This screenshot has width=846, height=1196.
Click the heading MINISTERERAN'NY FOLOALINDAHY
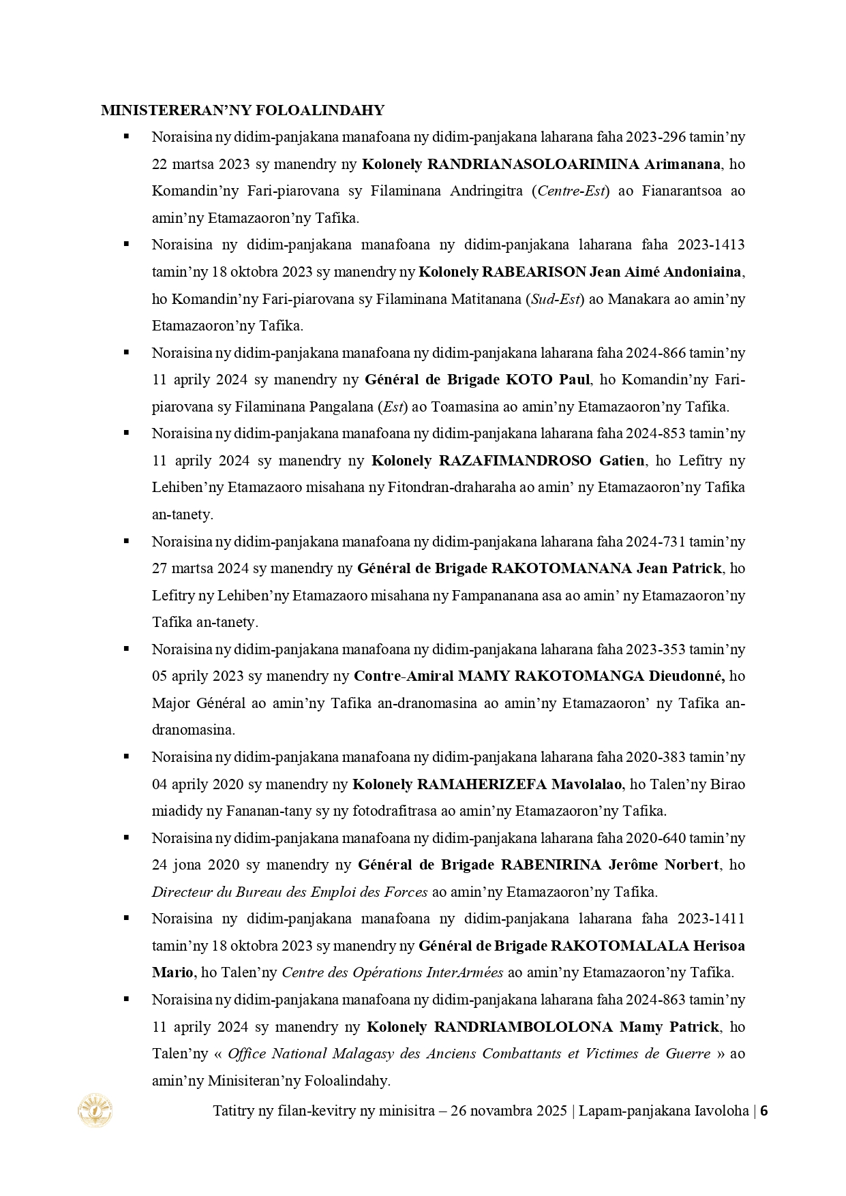(x=242, y=110)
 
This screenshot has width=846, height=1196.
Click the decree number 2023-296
(x=658, y=137)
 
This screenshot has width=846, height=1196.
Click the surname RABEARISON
(x=534, y=272)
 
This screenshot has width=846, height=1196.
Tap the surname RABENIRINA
(x=551, y=865)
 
